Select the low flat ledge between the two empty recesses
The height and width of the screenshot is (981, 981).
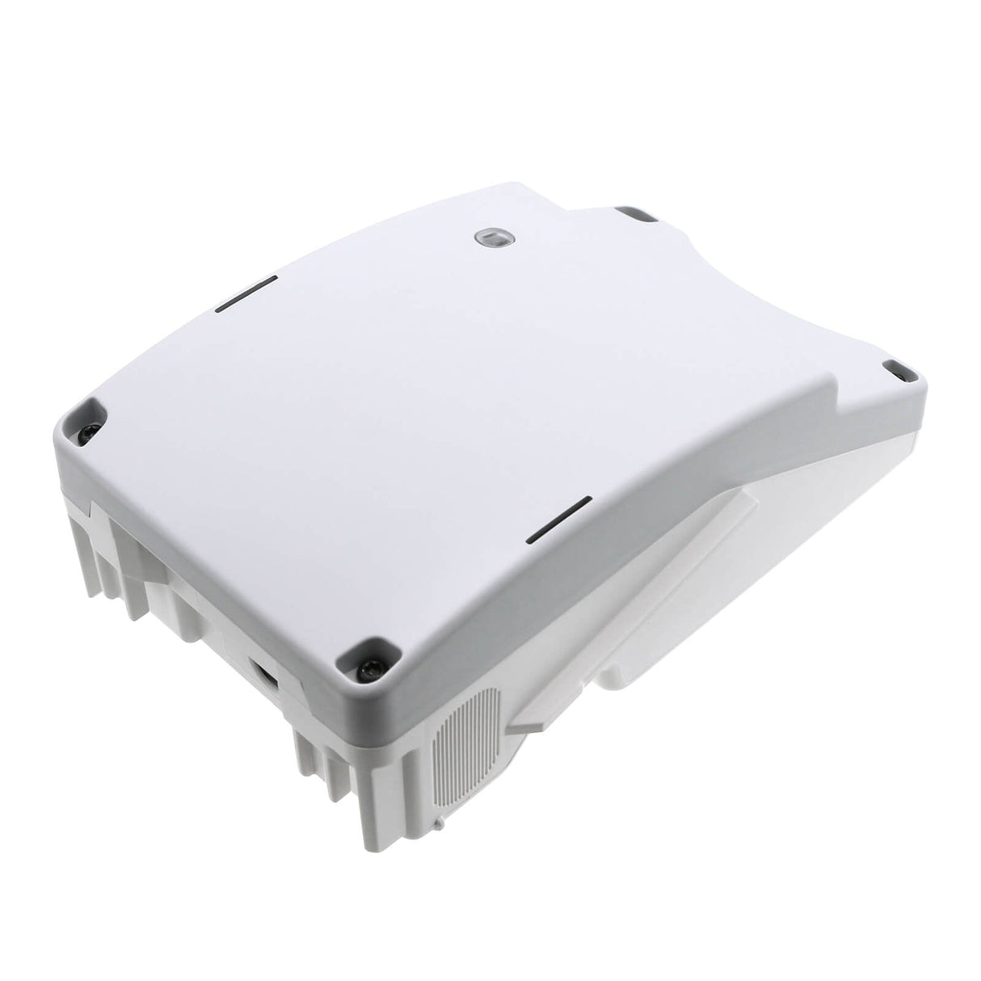(760, 259)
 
